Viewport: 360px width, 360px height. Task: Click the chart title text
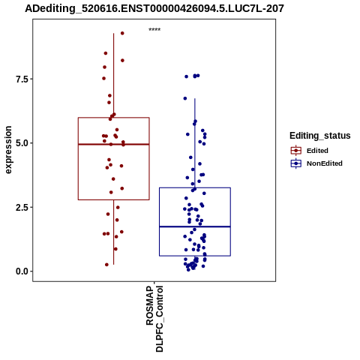(x=154, y=9)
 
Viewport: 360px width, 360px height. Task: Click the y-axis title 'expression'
(x=8, y=150)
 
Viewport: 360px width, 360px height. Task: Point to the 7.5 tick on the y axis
(x=21, y=79)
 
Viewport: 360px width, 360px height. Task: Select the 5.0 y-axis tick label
(x=21, y=143)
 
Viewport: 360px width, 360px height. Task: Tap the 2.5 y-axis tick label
(x=21, y=207)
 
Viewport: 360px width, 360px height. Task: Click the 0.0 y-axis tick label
(x=21, y=271)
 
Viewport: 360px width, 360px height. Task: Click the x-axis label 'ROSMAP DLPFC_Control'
(x=154, y=319)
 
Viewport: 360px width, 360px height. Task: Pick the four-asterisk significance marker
(x=154, y=30)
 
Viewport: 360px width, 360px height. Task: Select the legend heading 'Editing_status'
(x=320, y=136)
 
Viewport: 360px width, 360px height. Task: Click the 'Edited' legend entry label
(x=317, y=151)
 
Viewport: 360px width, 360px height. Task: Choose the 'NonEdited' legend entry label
(x=325, y=163)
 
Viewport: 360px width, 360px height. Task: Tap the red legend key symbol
(x=296, y=151)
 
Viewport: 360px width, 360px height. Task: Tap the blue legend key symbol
(x=296, y=163)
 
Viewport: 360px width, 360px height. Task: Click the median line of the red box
(x=114, y=144)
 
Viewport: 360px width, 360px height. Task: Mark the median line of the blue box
(x=195, y=226)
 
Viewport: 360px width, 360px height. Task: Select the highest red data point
(x=122, y=33)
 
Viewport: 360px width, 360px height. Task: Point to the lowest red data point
(x=106, y=265)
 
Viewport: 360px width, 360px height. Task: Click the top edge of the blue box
(x=195, y=187)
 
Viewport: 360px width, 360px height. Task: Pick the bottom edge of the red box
(x=114, y=199)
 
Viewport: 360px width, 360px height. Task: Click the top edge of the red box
(x=114, y=118)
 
